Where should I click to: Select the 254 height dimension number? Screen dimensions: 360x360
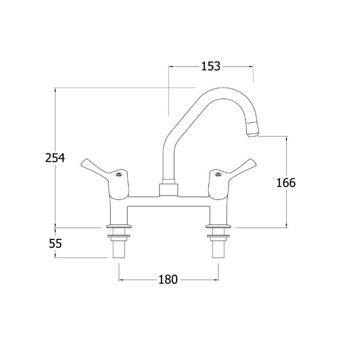[x=55, y=158]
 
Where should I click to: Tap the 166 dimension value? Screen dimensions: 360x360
[x=286, y=182]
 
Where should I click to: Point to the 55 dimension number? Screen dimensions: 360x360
[x=55, y=244]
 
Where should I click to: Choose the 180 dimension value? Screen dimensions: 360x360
[x=168, y=280]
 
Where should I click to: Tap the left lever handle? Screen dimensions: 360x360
[x=100, y=169]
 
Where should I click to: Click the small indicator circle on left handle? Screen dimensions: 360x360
[x=119, y=175]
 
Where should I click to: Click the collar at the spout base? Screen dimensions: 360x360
[x=169, y=191]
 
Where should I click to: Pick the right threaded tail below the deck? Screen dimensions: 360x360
[x=218, y=247]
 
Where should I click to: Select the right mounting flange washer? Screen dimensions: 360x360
[x=218, y=229]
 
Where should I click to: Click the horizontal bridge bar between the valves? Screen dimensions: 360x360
[x=168, y=202]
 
